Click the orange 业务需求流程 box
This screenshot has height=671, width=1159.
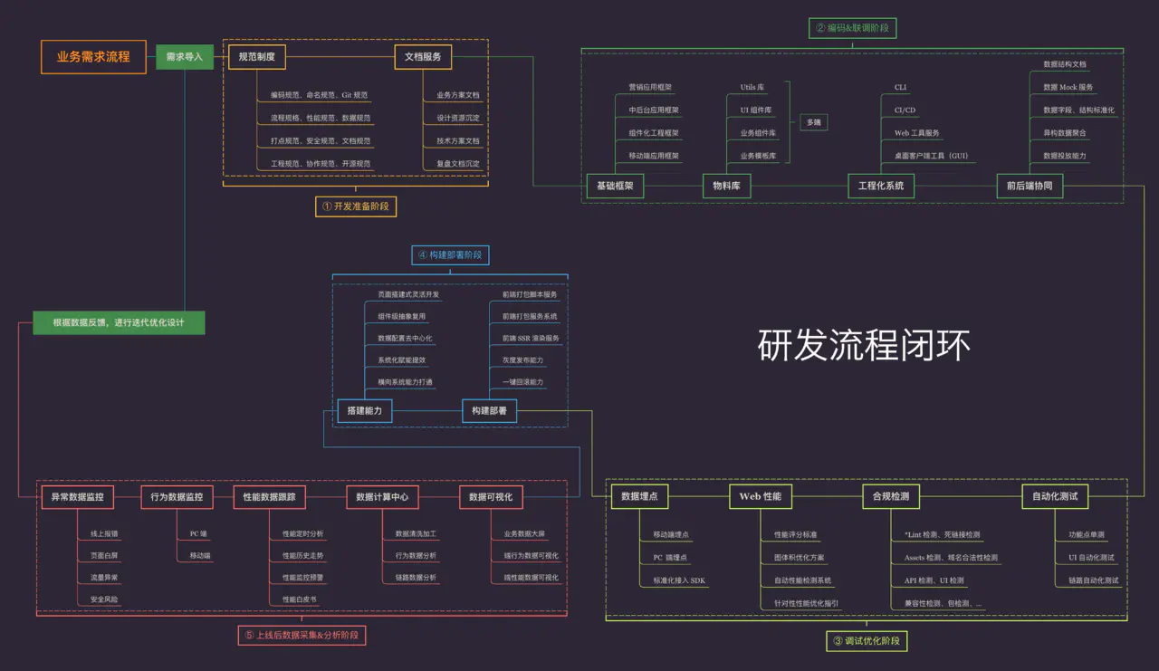pyautogui.click(x=93, y=56)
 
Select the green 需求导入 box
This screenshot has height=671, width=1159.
pyautogui.click(x=184, y=56)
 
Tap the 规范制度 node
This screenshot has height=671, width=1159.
pyautogui.click(x=256, y=57)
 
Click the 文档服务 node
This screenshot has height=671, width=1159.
pyautogui.click(x=423, y=57)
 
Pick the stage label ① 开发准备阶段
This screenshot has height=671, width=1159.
pyautogui.click(x=357, y=206)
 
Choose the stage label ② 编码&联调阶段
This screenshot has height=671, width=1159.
pyautogui.click(x=852, y=28)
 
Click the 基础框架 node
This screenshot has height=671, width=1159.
pyautogui.click(x=615, y=187)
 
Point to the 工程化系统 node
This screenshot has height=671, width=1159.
pyautogui.click(x=880, y=187)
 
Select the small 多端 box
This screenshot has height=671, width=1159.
pyautogui.click(x=814, y=121)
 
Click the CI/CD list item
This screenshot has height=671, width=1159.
pyautogui.click(x=905, y=110)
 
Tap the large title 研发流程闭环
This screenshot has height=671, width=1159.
pyautogui.click(x=864, y=346)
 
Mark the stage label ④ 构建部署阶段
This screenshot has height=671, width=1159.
pyautogui.click(x=450, y=255)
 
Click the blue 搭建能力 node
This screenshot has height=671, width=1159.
pyautogui.click(x=364, y=411)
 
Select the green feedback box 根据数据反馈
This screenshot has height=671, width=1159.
pyautogui.click(x=118, y=322)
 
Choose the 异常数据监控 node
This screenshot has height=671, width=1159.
pyautogui.click(x=77, y=496)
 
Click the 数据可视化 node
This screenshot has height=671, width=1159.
pyautogui.click(x=491, y=496)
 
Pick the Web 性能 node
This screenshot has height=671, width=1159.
pyautogui.click(x=761, y=496)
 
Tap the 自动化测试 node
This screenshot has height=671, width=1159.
pyautogui.click(x=1054, y=496)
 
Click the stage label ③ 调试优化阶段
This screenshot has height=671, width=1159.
pyautogui.click(x=866, y=641)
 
